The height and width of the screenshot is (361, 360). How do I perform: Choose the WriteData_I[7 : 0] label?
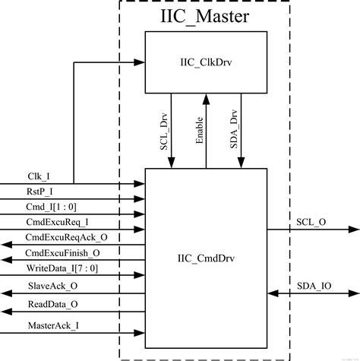[x=61, y=268]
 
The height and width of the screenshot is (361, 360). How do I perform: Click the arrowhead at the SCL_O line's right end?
[x=353, y=229]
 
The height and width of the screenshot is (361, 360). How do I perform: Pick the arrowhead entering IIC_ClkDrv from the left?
[x=141, y=62]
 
